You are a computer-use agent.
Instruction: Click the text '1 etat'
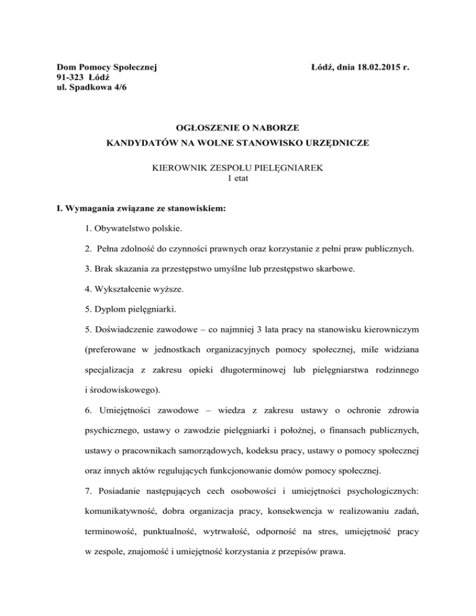tap(238, 179)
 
